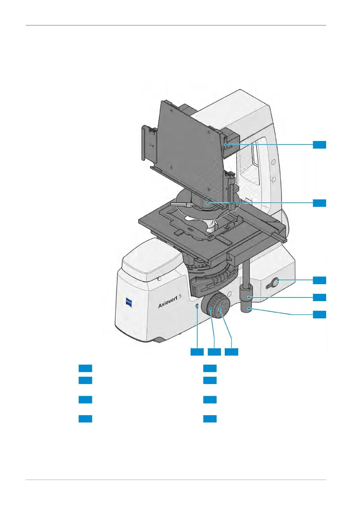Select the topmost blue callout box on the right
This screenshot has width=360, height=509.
point(319,145)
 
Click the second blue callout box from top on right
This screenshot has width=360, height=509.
point(319,203)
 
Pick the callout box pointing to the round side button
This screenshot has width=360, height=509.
point(319,280)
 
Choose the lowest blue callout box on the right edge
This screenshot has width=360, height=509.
point(319,315)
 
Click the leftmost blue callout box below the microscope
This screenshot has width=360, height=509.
point(197,352)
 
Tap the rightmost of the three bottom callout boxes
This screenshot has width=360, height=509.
point(231,352)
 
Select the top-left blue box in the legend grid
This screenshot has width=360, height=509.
point(85,368)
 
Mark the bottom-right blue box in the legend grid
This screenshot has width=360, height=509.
point(210,419)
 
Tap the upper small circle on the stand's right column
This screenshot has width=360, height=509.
point(273,161)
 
